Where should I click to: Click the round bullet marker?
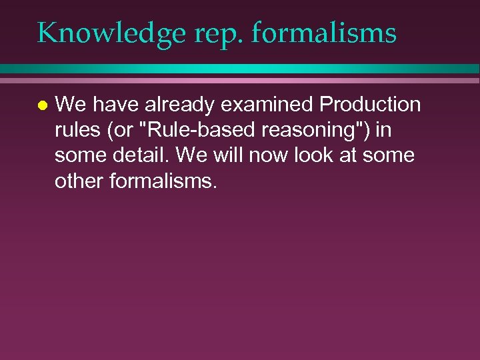point(42,105)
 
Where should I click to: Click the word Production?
point(370,105)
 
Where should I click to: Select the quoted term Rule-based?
point(191,130)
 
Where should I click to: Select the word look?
point(333,156)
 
